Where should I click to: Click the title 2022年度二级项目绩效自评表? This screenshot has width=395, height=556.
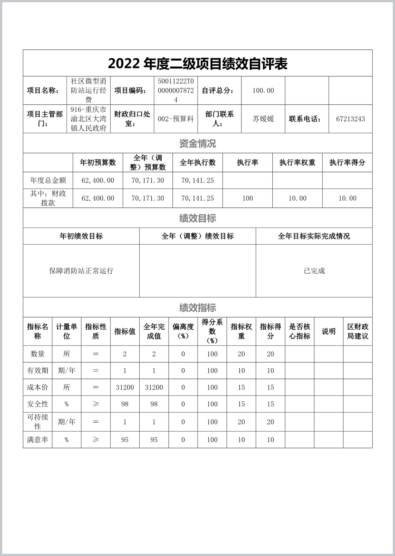tap(197, 64)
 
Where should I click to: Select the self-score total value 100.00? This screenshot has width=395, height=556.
tap(263, 90)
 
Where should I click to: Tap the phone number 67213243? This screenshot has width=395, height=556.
tap(350, 119)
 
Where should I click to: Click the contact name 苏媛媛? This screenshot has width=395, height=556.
tap(263, 119)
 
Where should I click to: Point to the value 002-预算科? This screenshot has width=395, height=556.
tap(176, 119)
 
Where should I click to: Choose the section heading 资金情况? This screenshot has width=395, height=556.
tap(197, 143)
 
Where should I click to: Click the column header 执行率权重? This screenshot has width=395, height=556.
tap(297, 162)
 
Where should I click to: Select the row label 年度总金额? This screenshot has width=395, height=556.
tap(48, 181)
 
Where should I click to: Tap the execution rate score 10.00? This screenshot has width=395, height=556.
tap(347, 198)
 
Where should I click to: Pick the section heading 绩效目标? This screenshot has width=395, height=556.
tap(197, 218)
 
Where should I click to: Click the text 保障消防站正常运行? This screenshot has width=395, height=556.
tap(81, 271)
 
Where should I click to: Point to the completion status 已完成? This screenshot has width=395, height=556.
tap(314, 271)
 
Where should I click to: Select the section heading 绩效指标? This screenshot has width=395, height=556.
tap(197, 308)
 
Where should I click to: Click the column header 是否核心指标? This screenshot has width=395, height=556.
tap(300, 331)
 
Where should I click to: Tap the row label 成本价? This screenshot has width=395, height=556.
tap(38, 387)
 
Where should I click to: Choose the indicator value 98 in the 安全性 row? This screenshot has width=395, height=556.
tap(125, 404)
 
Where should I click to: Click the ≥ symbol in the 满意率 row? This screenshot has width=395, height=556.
tap(96, 440)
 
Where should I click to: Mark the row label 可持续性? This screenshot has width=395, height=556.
tap(38, 422)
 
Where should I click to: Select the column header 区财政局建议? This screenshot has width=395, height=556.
tap(358, 331)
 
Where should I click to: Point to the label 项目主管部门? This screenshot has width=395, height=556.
tap(45, 119)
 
